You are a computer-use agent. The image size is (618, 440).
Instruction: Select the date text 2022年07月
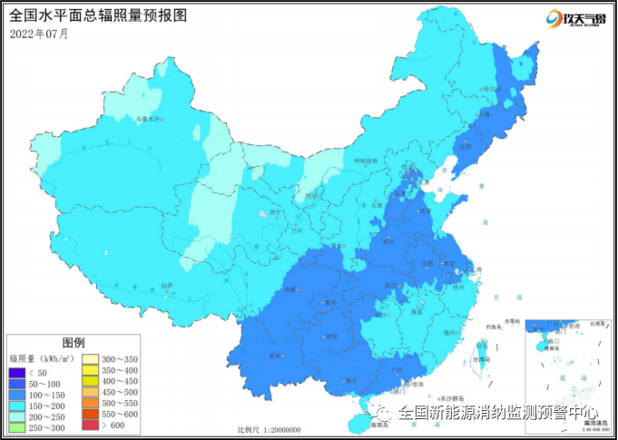(x=39, y=34)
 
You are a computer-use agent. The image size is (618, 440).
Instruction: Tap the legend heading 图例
(x=74, y=343)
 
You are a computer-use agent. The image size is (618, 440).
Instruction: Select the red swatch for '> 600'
(x=91, y=426)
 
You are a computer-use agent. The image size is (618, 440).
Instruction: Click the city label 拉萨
(x=166, y=286)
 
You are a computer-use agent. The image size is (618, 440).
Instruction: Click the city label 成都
(x=290, y=290)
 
